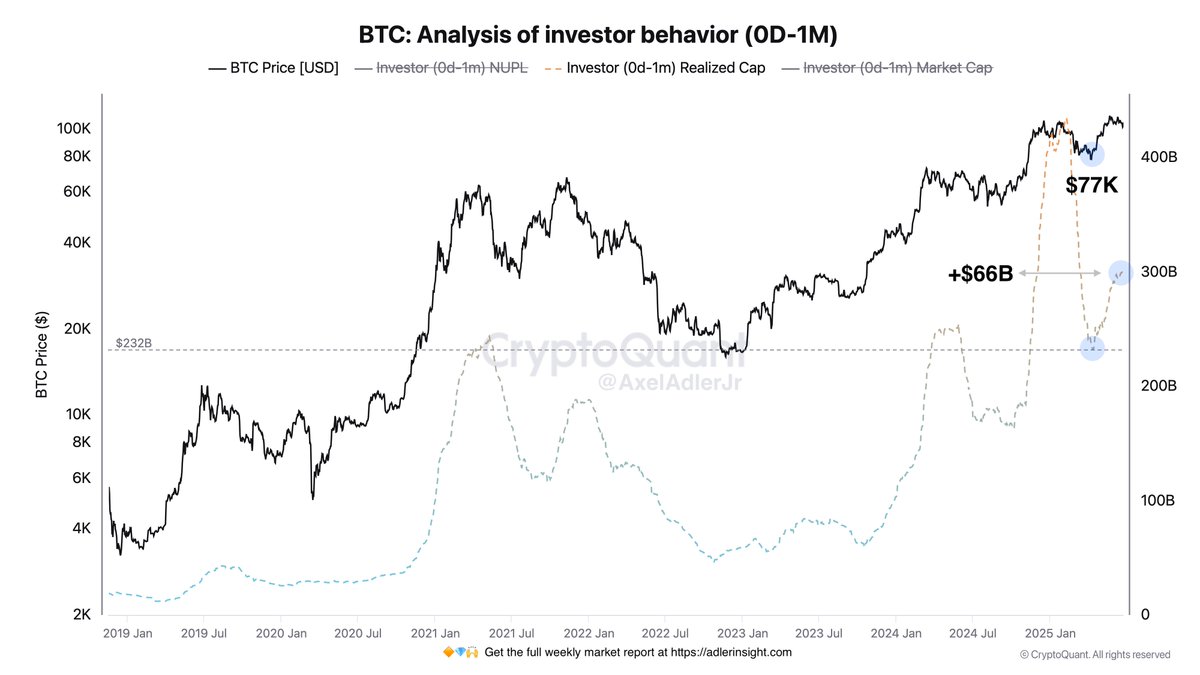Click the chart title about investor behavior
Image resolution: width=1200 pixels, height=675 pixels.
598,34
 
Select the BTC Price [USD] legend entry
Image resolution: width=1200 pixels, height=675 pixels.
273,68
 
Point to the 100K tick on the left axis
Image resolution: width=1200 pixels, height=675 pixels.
74,129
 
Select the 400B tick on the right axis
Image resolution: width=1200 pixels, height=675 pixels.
1159,157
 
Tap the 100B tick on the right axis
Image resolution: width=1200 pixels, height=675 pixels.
1159,500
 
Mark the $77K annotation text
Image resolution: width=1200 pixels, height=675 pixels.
1091,186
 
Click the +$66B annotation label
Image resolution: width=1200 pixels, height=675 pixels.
980,273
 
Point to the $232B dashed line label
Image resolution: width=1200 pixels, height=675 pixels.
133,341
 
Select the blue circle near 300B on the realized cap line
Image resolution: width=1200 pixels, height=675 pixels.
1120,271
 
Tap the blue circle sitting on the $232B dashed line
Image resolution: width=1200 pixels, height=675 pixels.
1092,348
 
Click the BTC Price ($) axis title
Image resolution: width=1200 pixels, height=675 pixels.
42,354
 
